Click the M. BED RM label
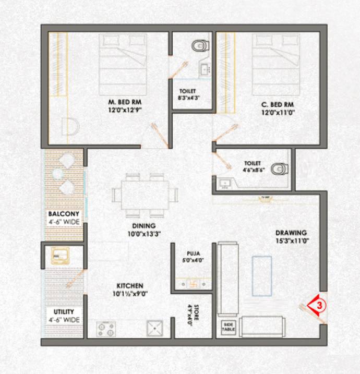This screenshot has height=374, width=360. click(124, 101)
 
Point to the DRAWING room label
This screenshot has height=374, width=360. click(292, 232)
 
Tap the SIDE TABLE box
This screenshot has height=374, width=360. click(229, 326)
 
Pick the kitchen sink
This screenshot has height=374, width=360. click(155, 329)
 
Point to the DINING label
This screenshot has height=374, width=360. click(143, 226)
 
